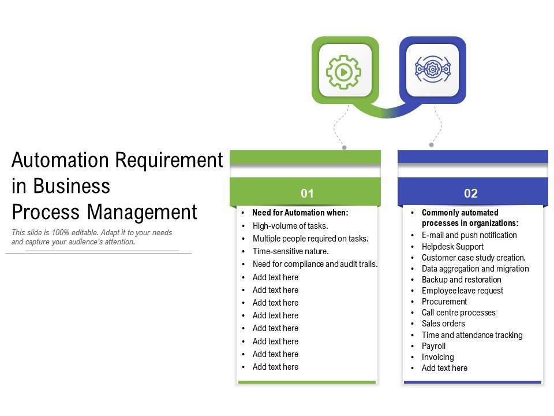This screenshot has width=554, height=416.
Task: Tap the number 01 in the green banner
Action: (307, 194)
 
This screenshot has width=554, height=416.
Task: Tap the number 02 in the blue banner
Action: (471, 194)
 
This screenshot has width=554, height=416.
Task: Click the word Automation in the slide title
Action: (61, 159)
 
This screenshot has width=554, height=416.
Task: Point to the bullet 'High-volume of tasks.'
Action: (290, 226)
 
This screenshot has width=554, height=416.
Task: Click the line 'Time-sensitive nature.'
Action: (291, 251)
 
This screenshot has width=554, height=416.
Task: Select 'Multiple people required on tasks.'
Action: (310, 239)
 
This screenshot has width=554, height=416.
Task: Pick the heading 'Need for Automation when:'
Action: (300, 213)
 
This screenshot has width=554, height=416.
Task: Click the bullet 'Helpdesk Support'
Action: (452, 247)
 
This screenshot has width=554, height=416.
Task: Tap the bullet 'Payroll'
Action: (433, 346)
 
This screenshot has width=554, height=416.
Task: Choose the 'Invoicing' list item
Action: (437, 357)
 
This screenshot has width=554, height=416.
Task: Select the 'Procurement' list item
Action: (444, 302)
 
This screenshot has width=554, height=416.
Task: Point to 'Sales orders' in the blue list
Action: (443, 324)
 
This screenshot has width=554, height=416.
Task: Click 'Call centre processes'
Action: (458, 313)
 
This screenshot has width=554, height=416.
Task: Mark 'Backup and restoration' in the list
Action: (461, 280)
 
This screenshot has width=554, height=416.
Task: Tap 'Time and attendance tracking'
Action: (472, 335)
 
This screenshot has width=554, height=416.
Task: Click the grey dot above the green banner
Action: (345, 147)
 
